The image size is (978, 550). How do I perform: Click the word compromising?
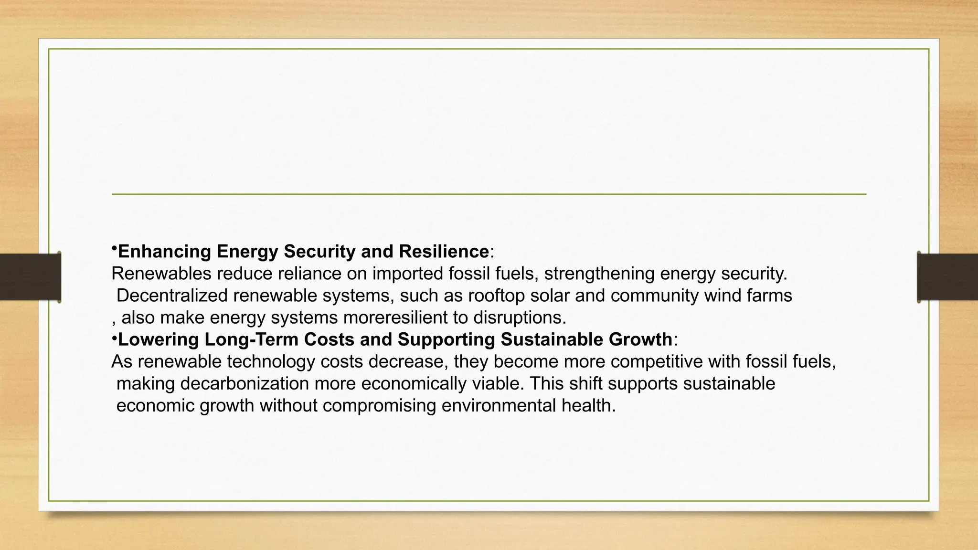tap(379, 406)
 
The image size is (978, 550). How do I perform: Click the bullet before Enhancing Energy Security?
tap(114, 249)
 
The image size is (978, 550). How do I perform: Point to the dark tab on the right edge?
tap(947, 277)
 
